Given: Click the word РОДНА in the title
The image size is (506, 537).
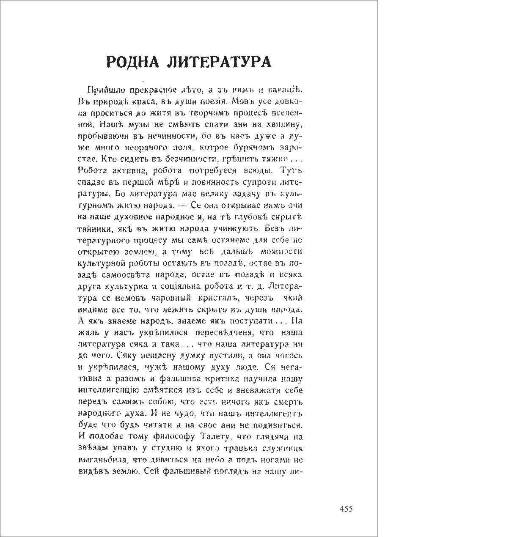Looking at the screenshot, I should (x=132, y=62).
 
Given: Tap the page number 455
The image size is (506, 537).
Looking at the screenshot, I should (x=346, y=509).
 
